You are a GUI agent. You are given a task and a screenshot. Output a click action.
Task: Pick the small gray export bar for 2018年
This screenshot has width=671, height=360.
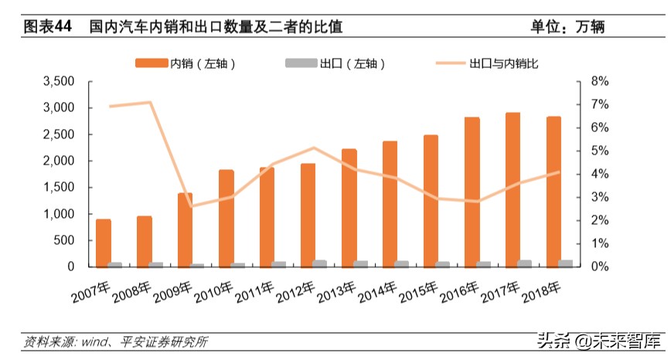pyautogui.click(x=566, y=263)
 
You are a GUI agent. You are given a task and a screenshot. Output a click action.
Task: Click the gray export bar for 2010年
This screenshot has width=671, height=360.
pyautogui.click(x=238, y=265)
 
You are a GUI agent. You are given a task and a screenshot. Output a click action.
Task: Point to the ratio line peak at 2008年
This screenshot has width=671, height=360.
pyautogui.click(x=149, y=102)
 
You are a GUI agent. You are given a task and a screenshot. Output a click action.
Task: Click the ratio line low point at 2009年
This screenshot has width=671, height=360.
pyautogui.click(x=191, y=206)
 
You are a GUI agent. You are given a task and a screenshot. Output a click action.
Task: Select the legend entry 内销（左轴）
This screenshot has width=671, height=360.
pyautogui.click(x=185, y=63)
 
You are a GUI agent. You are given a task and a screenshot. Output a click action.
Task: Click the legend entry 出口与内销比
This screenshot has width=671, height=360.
pyautogui.click(x=486, y=63)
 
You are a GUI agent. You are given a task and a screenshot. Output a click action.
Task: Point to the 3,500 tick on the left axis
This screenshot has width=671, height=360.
pyautogui.click(x=59, y=81)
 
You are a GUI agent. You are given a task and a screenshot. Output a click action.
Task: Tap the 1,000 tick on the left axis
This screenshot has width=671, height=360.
pyautogui.click(x=59, y=214)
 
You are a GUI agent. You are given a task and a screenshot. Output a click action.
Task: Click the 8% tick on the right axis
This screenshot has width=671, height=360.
pyautogui.click(x=598, y=81)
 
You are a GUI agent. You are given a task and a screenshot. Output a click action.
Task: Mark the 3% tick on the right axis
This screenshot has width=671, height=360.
pyautogui.click(x=598, y=197)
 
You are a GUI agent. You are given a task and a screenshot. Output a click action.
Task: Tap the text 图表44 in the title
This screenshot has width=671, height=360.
pyautogui.click(x=47, y=26)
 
